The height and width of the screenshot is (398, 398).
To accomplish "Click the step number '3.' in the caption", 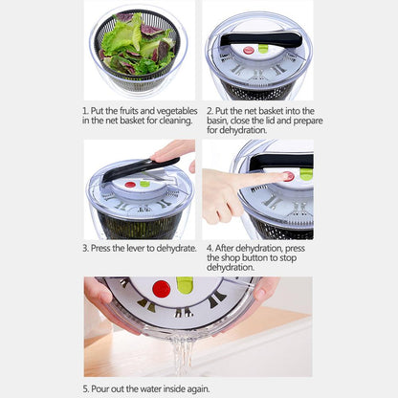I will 86,248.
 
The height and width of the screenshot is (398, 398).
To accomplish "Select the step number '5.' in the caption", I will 86,388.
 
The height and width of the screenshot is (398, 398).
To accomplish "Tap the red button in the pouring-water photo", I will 161,288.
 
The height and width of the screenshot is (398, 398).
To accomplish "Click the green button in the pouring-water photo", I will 185,285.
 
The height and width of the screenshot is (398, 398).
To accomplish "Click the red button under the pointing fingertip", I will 287,176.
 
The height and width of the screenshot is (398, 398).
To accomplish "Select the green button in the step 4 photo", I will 305,173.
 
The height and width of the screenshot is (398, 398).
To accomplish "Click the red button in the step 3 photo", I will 129,184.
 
